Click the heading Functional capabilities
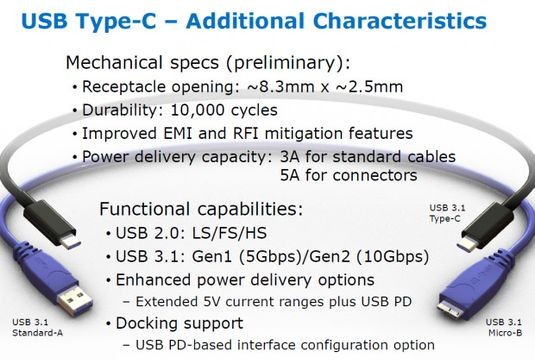[203, 212]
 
